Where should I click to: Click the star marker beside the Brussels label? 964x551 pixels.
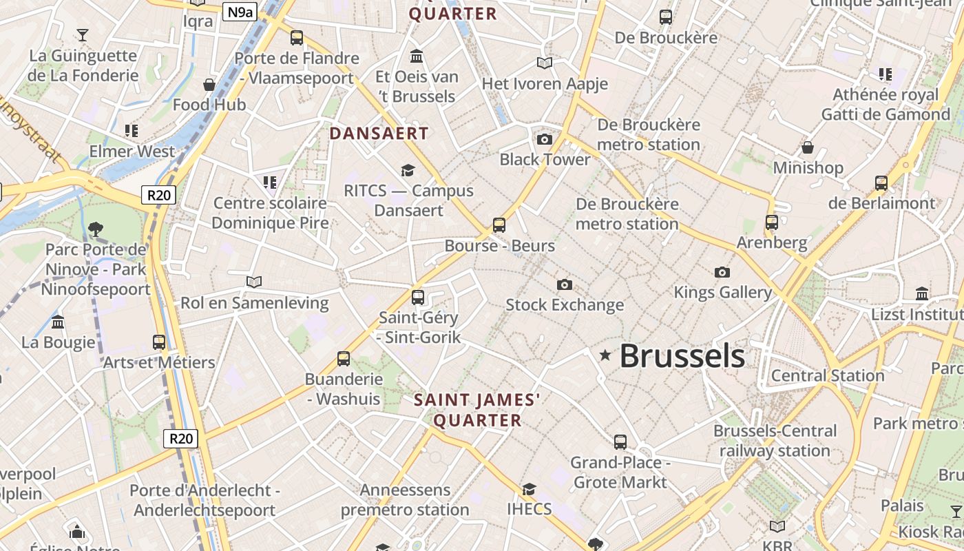605,355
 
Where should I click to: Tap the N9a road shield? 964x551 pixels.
239,11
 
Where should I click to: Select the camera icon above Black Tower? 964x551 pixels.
545,140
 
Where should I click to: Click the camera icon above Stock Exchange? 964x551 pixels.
565,284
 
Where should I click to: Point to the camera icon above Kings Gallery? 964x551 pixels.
722,272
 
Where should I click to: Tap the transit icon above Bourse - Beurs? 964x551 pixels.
499,225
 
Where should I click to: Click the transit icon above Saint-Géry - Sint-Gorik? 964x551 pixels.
418,298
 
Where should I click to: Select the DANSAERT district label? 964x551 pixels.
379,134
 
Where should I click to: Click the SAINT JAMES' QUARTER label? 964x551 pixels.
477,410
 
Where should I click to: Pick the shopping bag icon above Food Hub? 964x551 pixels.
209,85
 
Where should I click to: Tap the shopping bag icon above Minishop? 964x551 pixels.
808,147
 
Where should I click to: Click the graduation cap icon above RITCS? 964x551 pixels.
408,170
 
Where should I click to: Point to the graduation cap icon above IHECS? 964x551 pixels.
529,489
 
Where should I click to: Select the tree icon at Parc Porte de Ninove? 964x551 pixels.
96,229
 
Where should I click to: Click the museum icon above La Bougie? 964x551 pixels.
58,322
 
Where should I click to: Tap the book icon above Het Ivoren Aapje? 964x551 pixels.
545,63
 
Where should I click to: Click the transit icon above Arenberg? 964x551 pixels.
772,222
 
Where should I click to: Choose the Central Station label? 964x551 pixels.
828,376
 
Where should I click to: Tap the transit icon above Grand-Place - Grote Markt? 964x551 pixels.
620,441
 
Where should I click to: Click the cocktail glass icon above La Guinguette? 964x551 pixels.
83,34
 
